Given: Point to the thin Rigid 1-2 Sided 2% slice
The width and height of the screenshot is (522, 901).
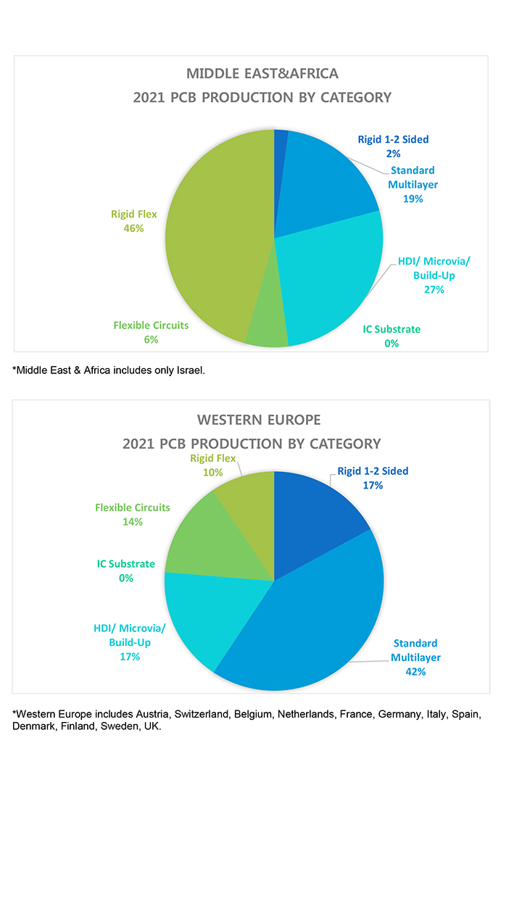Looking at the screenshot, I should [280, 145].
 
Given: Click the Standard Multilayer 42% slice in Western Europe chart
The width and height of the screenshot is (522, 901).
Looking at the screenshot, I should [319, 623].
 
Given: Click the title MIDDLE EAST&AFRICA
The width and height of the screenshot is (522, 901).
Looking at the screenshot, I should [262, 73].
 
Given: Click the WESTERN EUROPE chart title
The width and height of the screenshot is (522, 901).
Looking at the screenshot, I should [259, 420].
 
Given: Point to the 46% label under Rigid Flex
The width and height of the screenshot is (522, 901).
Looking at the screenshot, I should [134, 228].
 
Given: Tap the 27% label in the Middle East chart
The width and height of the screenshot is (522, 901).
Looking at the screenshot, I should [434, 290].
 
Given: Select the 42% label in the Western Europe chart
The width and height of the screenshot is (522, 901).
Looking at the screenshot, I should [415, 672].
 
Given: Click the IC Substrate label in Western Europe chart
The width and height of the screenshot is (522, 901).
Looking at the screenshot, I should [126, 564].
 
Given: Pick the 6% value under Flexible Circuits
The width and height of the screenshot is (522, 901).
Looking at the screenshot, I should [151, 340].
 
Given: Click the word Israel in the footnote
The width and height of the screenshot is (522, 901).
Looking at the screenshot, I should [191, 370].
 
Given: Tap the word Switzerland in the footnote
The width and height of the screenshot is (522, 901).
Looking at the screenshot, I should [200, 714].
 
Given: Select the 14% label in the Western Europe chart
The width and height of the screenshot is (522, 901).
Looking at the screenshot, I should [133, 522].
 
